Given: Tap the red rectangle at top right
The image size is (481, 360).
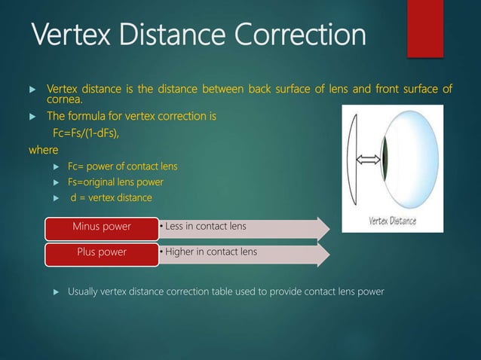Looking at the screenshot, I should pyautogui.click(x=425, y=28).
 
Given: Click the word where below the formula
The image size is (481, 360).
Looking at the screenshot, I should pyautogui.click(x=43, y=149).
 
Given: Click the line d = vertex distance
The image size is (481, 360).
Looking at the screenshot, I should pyautogui.click(x=111, y=197).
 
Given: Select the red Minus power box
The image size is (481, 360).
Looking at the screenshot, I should pyautogui.click(x=101, y=226).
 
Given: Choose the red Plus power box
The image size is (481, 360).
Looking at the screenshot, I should pyautogui.click(x=101, y=252).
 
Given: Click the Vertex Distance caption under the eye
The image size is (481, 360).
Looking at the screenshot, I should pyautogui.click(x=392, y=221).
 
